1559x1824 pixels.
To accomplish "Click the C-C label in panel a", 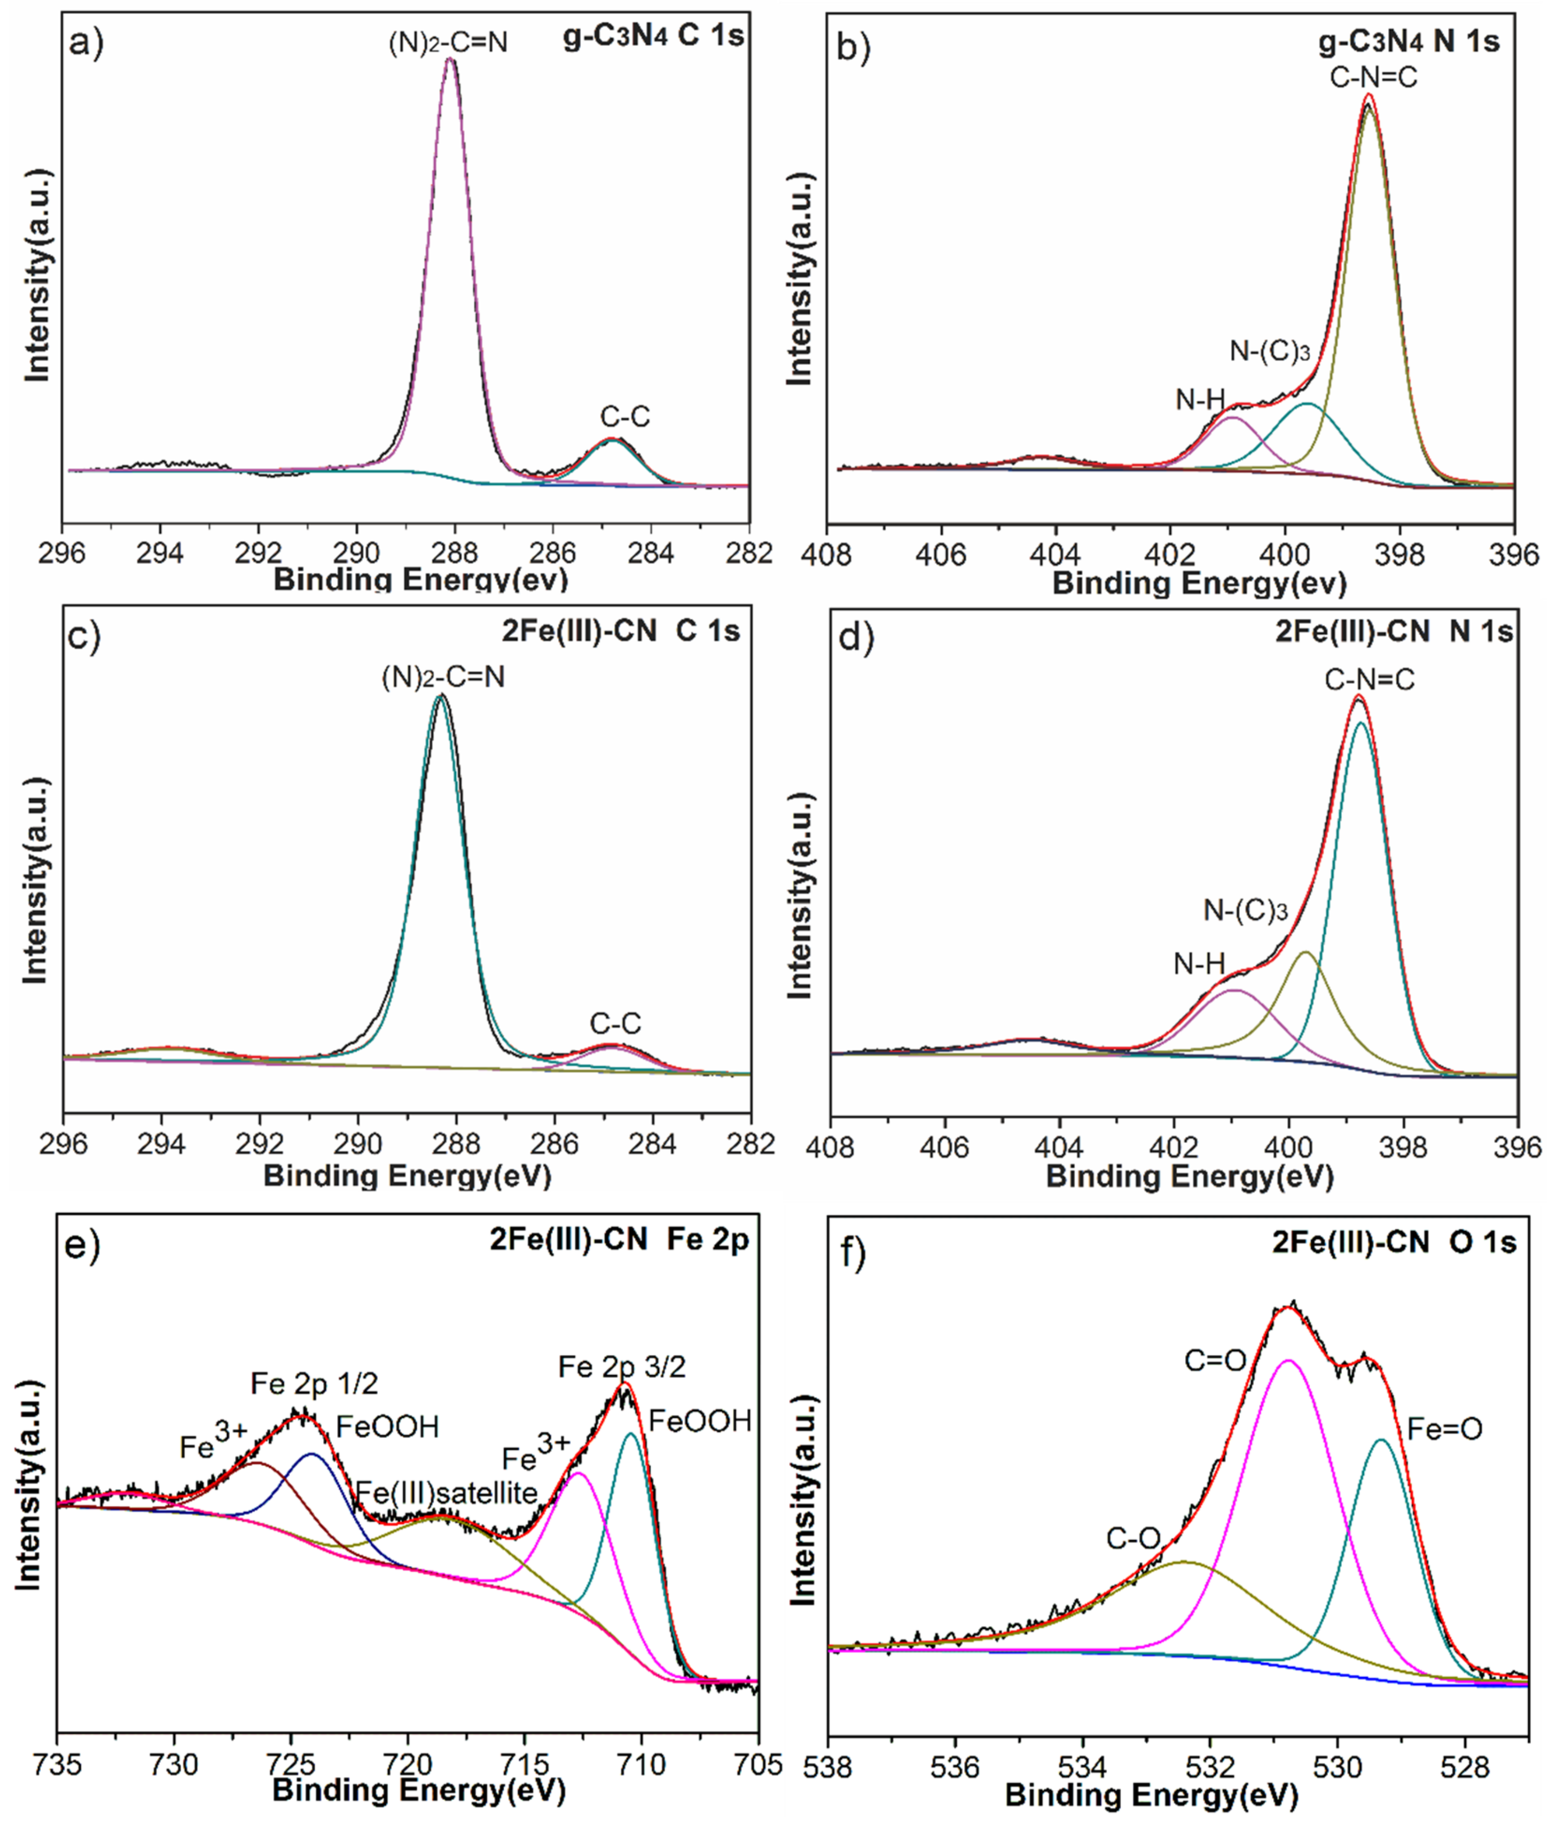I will point(625,416).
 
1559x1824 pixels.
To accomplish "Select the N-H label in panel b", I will point(1200,400).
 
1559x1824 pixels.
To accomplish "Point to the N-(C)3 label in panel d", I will point(1245,910).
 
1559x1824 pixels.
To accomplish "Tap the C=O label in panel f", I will point(1215,1361).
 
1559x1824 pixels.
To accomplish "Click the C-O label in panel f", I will point(1133,1539).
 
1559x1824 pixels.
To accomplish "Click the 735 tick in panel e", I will point(58,1763).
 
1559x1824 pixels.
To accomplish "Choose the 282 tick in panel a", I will point(750,554).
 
